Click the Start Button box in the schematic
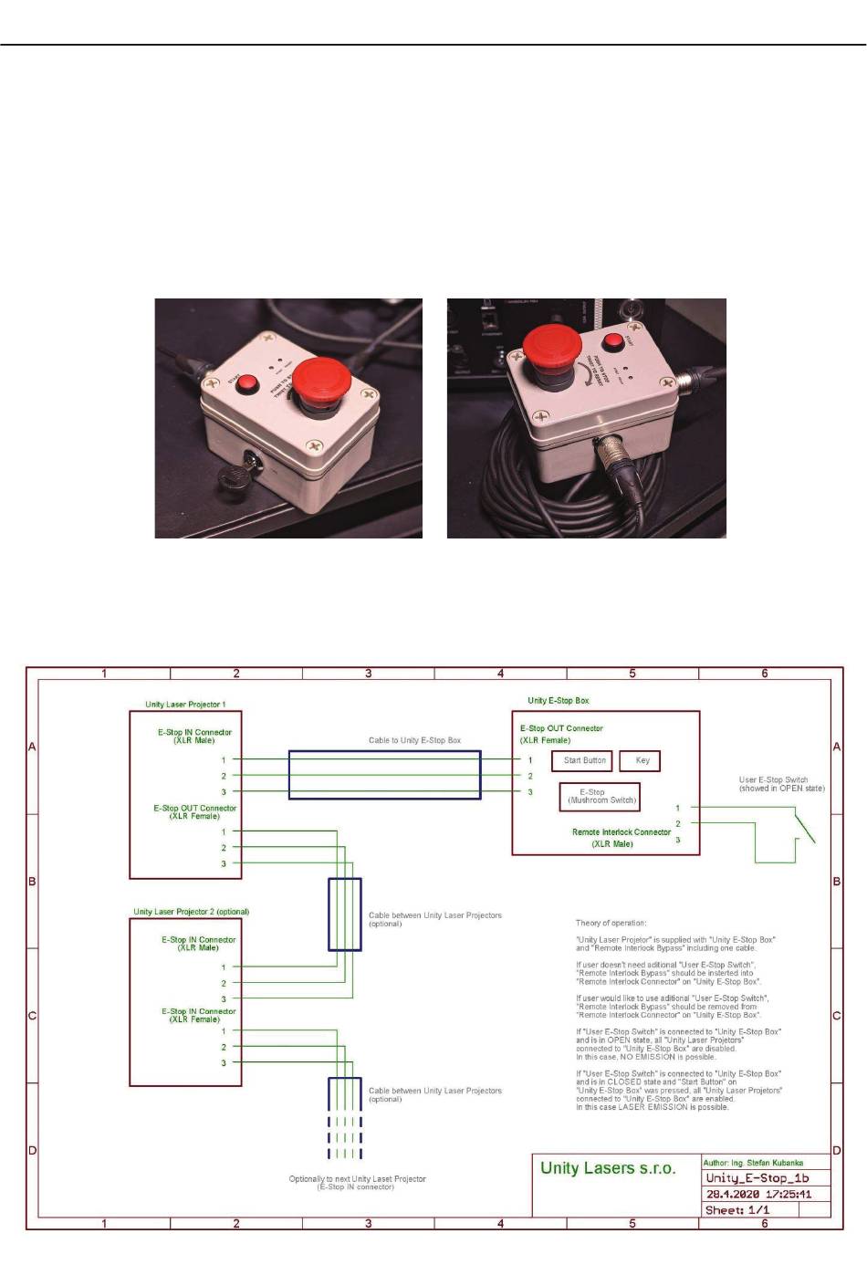click(x=584, y=760)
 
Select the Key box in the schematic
click(x=642, y=760)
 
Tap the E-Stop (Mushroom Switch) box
click(x=599, y=797)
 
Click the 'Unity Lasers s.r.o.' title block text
click(x=608, y=1168)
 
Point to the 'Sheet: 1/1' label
click(x=737, y=1210)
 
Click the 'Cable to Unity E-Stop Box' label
click(x=414, y=740)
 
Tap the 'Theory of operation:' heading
click(x=611, y=923)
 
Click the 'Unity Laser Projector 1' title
click(x=185, y=705)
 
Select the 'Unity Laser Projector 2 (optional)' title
click(x=191, y=912)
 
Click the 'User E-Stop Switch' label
click(x=773, y=780)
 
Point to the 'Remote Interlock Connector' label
click(x=621, y=832)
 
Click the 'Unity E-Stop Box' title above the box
click(x=558, y=701)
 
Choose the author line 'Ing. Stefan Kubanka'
click(x=753, y=1163)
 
